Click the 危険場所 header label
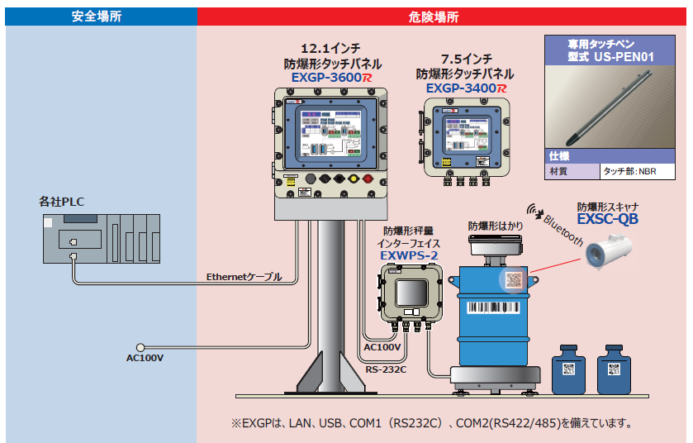434,16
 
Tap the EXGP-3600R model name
329,77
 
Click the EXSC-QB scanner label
608,220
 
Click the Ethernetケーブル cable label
244,277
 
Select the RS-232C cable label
386,369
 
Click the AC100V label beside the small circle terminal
145,358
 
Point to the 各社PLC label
62,201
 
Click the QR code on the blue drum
514,279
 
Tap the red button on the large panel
354,179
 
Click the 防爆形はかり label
496,225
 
